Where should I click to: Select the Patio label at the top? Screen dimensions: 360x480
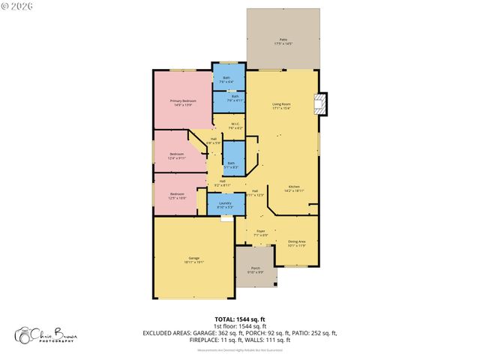283,41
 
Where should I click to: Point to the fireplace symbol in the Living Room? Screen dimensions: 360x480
321,104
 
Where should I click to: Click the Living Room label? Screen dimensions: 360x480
281,106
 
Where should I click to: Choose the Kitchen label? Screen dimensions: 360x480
294,189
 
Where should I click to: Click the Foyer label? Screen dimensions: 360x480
260,233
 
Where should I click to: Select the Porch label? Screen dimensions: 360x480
255,270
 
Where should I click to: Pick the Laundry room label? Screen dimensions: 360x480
224,205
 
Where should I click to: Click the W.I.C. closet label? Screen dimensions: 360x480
235,126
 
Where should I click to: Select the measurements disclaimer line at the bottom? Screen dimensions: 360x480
239,350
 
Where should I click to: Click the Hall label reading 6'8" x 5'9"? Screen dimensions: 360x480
213,140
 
